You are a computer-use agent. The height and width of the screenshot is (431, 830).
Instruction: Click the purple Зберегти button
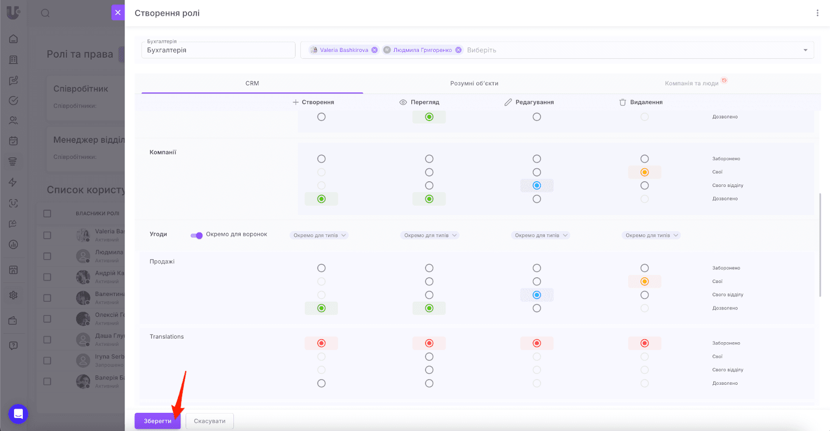point(157,421)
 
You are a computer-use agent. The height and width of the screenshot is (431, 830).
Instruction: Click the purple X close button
point(118,12)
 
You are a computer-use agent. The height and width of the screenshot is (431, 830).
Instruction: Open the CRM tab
point(252,83)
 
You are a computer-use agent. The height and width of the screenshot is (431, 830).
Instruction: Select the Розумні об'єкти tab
point(474,83)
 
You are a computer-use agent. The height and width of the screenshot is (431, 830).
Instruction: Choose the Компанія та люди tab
point(691,83)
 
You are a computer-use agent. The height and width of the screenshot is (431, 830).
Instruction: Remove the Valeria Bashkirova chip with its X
point(375,50)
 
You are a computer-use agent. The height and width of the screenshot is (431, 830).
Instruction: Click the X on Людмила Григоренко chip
point(459,50)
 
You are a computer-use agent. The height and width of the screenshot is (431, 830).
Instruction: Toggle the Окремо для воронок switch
point(197,235)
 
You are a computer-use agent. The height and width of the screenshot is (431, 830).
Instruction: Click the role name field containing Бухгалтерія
point(218,50)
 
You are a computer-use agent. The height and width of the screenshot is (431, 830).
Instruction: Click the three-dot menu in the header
point(818,13)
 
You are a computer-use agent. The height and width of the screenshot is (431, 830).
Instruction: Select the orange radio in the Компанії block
point(644,172)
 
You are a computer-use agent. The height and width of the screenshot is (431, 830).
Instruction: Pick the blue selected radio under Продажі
point(537,295)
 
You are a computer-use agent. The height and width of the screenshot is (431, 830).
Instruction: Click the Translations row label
point(167,336)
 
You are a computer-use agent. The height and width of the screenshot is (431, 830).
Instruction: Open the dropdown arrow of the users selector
point(806,50)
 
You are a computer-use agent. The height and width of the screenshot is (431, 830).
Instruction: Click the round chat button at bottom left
point(18,414)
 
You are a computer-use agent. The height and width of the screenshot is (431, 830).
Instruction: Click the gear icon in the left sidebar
point(13,295)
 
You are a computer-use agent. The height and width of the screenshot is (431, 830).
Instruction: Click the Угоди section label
point(158,234)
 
